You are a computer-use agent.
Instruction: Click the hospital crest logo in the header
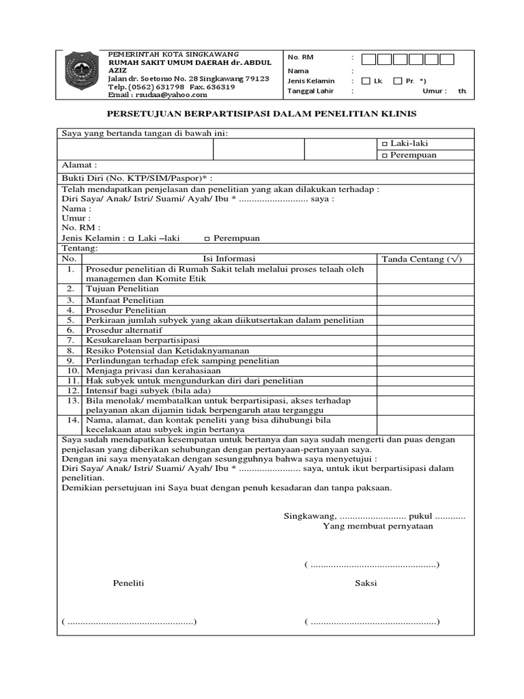[83, 72]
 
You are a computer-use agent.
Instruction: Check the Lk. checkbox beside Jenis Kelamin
[366, 81]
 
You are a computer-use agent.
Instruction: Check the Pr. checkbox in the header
[398, 81]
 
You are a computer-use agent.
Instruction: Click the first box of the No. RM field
[368, 59]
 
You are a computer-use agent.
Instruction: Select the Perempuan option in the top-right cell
[409, 155]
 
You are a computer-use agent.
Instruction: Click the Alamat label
[80, 165]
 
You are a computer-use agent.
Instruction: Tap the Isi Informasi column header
[229, 259]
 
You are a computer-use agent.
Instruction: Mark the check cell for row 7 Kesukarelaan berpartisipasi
[424, 340]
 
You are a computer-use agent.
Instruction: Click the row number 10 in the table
[73, 370]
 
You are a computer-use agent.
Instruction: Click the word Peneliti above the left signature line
[128, 583]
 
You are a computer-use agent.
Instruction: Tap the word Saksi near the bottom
[366, 583]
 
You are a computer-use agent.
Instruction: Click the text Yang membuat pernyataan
[378, 526]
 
